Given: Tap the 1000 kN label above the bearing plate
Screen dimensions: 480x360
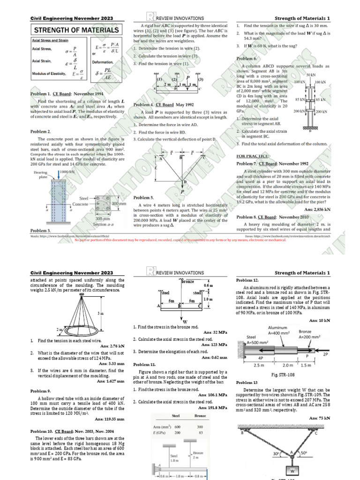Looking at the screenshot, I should [67, 172].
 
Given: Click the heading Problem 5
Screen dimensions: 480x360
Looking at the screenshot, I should [143, 198].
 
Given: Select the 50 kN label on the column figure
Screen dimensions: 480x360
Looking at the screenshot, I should [310, 75].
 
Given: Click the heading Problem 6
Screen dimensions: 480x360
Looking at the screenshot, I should [247, 59].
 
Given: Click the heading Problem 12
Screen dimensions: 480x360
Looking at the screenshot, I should [247, 279].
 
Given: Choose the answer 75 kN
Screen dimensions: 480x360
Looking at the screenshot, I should [320, 418].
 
